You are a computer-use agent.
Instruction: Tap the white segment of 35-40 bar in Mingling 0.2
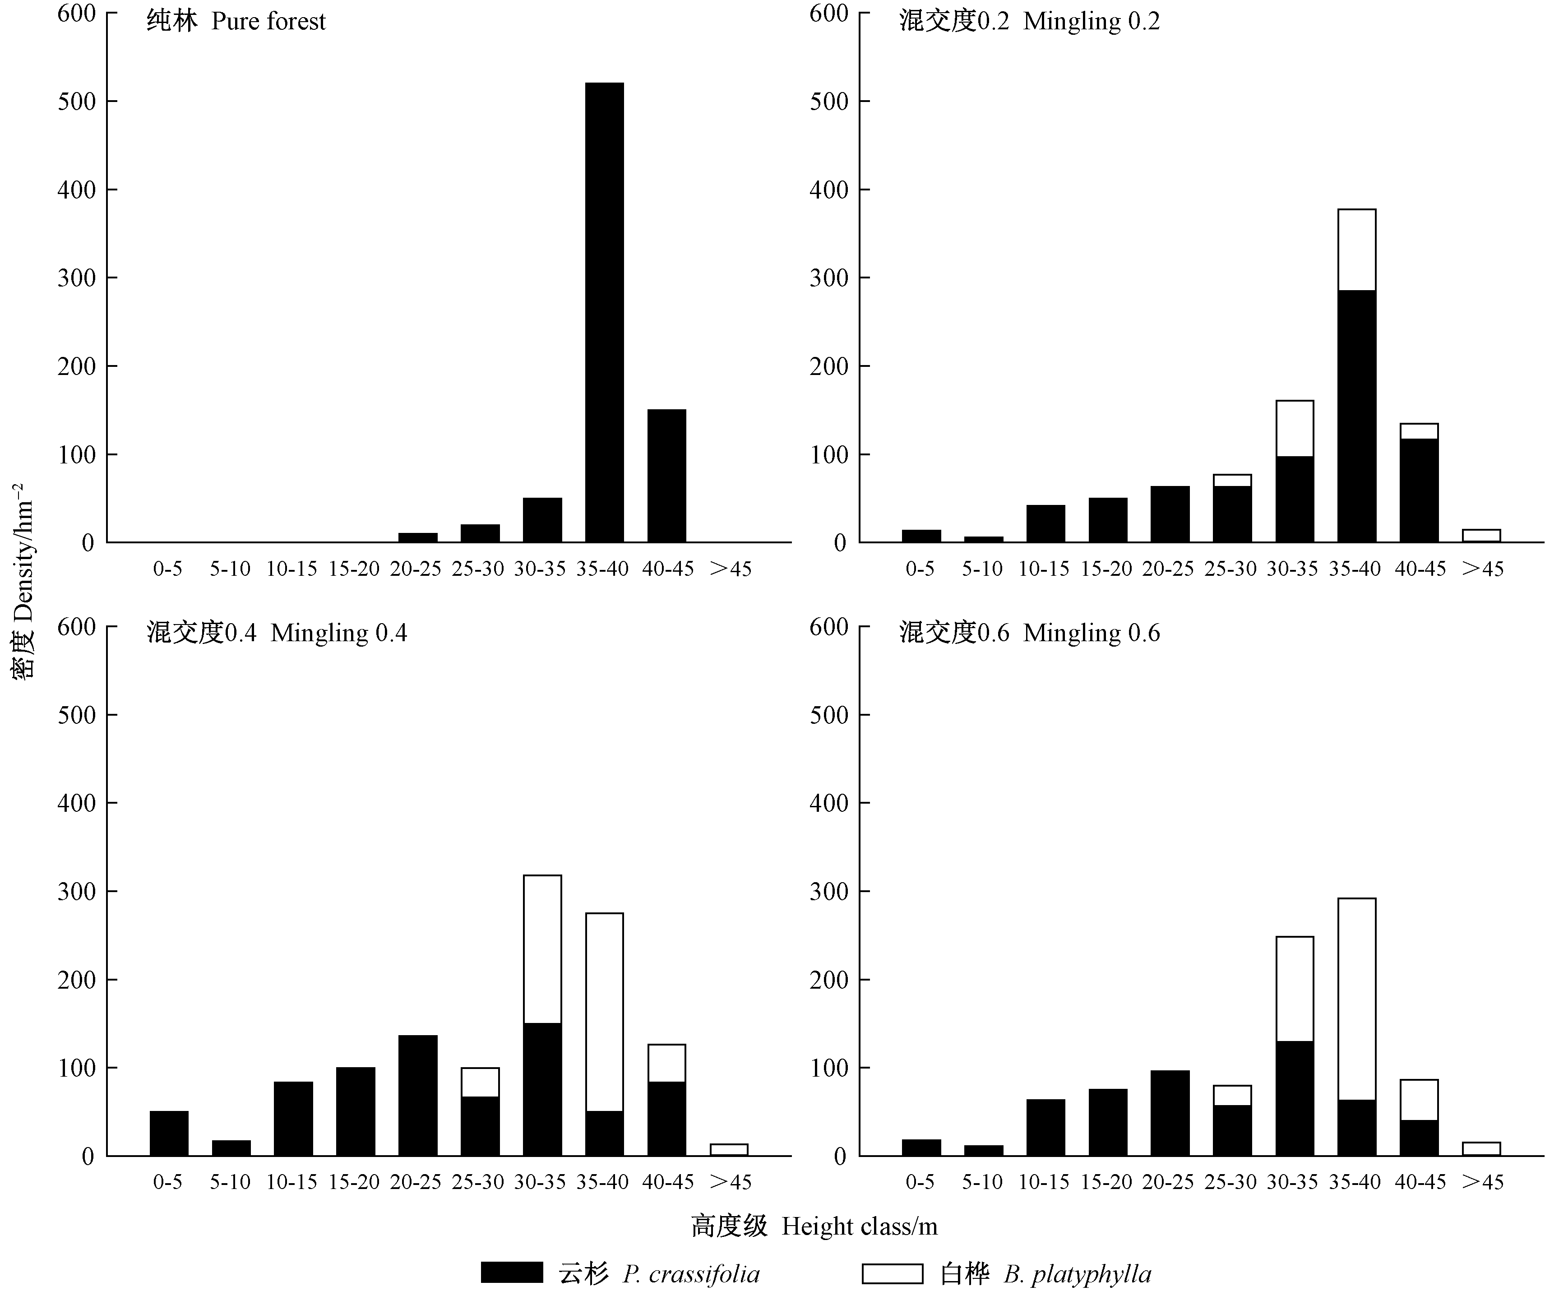(1356, 250)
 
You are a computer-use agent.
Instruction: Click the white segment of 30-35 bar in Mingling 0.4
(542, 949)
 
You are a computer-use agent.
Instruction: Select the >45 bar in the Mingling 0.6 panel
(1481, 1149)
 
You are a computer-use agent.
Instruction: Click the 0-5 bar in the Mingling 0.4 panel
(168, 1133)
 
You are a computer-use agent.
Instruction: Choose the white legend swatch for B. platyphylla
(892, 1273)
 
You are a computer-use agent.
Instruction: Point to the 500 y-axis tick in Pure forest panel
(77, 102)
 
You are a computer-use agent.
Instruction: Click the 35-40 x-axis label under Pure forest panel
(602, 569)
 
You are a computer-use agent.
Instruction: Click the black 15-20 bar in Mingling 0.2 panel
(1107, 520)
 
